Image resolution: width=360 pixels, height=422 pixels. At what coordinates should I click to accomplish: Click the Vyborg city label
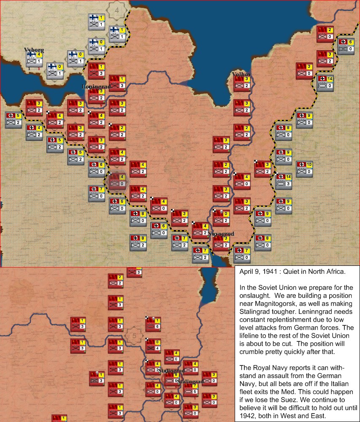tap(34, 50)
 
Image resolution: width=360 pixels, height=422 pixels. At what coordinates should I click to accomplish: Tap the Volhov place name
tap(241, 75)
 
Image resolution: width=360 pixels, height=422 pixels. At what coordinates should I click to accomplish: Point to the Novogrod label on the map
tap(222, 233)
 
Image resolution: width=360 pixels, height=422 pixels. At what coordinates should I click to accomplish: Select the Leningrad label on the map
tap(96, 87)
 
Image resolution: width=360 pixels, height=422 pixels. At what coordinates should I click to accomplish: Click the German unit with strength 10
tap(304, 168)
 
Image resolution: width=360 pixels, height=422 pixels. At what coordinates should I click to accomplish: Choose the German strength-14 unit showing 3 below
tap(283, 180)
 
